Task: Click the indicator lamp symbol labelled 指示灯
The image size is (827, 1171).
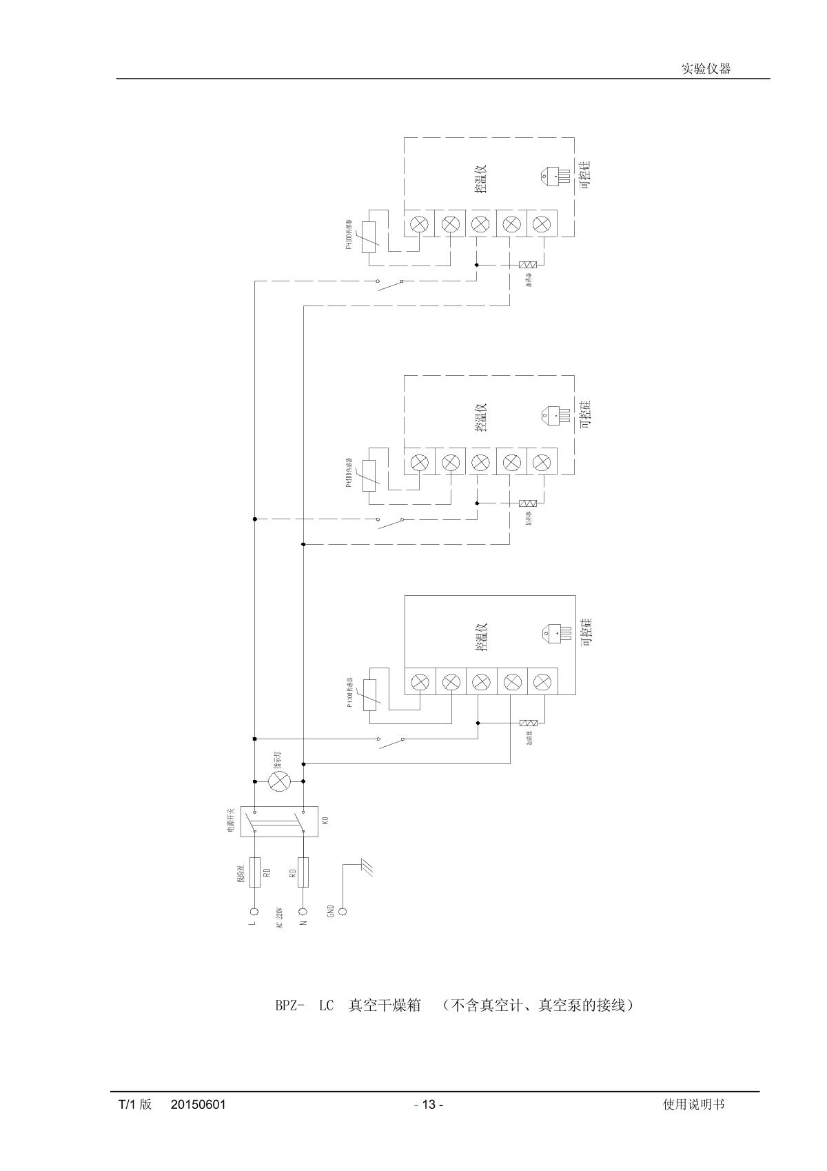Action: [x=278, y=781]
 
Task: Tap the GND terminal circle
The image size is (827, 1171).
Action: [x=344, y=910]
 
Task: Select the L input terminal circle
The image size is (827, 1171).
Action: [x=254, y=910]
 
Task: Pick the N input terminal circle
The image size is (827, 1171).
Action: [x=303, y=910]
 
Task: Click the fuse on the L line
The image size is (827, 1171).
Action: [x=254, y=872]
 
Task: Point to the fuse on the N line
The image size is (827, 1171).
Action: [x=303, y=872]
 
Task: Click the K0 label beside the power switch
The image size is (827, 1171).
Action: [x=325, y=821]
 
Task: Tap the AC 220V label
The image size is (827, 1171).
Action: [x=280, y=918]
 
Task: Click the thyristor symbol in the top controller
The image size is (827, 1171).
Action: [x=555, y=175]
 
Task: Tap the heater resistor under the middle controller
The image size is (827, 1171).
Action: [x=527, y=504]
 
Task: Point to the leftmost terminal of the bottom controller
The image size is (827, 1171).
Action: [x=420, y=683]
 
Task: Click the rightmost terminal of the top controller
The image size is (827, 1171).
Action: [x=542, y=223]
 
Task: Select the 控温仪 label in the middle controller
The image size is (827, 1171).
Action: [x=481, y=417]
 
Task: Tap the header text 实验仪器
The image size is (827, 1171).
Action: [x=706, y=68]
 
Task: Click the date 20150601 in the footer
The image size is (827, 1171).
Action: [x=198, y=1104]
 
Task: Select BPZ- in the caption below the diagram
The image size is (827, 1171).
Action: [x=290, y=1005]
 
